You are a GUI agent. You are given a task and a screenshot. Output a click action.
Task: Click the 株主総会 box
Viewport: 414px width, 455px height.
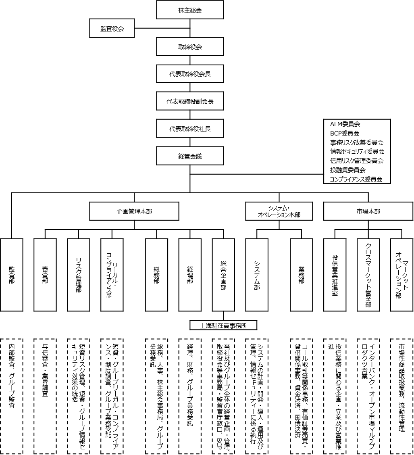coord(190,10)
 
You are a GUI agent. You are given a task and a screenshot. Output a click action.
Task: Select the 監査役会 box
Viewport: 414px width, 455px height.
coord(112,29)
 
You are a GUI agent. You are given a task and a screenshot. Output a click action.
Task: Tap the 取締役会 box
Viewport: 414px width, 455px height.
coord(190,47)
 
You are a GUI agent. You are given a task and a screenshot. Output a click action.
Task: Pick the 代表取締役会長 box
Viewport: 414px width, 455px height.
coord(190,74)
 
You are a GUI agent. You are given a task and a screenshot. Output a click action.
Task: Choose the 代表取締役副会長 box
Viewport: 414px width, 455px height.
coord(190,102)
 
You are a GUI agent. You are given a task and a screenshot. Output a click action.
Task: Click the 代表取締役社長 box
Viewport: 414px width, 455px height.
coord(190,129)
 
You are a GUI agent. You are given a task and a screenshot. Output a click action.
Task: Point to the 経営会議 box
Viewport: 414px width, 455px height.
coord(190,156)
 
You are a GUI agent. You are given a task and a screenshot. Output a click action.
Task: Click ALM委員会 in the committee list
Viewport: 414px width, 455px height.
coord(345,124)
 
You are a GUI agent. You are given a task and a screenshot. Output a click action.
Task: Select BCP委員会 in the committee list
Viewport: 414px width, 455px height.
coord(344,133)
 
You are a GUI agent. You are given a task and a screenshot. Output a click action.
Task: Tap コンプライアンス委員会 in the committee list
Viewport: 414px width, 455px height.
coord(356,179)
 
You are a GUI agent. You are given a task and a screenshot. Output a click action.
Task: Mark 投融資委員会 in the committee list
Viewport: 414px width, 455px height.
coord(347,170)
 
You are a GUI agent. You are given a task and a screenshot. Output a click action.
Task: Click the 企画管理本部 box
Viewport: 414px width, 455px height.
coord(134,211)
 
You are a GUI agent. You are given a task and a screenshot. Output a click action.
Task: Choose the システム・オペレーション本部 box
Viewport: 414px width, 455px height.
coord(279,211)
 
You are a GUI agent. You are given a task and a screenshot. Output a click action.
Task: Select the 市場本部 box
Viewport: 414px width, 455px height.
coord(368,211)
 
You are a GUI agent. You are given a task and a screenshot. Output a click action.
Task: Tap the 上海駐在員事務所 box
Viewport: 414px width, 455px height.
coord(223,325)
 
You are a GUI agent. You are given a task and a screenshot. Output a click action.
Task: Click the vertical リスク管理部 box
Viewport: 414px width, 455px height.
coord(78,275)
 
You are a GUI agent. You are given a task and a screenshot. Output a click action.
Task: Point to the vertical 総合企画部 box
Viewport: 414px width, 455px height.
coord(223,275)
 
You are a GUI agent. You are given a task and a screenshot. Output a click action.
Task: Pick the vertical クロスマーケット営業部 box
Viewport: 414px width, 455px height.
coord(368,275)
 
